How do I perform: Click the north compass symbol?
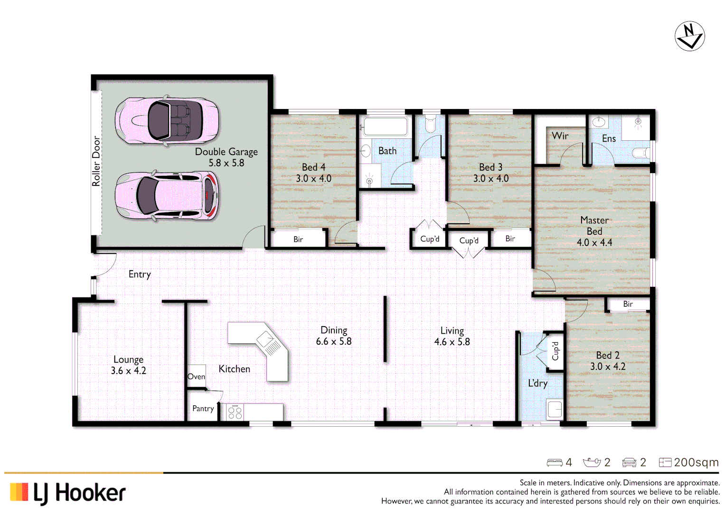click(689, 36)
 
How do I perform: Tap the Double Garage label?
click(226, 152)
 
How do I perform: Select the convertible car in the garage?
click(167, 120)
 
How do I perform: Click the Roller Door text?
click(96, 161)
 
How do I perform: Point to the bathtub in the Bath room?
click(385, 127)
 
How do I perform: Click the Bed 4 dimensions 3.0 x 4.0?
click(313, 179)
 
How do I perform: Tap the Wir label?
click(560, 136)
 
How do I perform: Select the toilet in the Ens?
click(641, 153)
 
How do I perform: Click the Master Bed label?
click(594, 226)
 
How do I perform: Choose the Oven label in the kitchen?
click(196, 376)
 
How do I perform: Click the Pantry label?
click(203, 409)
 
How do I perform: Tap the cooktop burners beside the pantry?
click(235, 412)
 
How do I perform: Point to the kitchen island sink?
click(264, 339)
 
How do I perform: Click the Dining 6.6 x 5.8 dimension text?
click(334, 341)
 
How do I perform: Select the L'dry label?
click(537, 383)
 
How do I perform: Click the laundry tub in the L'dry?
click(555, 409)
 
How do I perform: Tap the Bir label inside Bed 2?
click(628, 304)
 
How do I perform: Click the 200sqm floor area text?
click(696, 462)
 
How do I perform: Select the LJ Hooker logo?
click(68, 493)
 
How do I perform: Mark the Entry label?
click(140, 274)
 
